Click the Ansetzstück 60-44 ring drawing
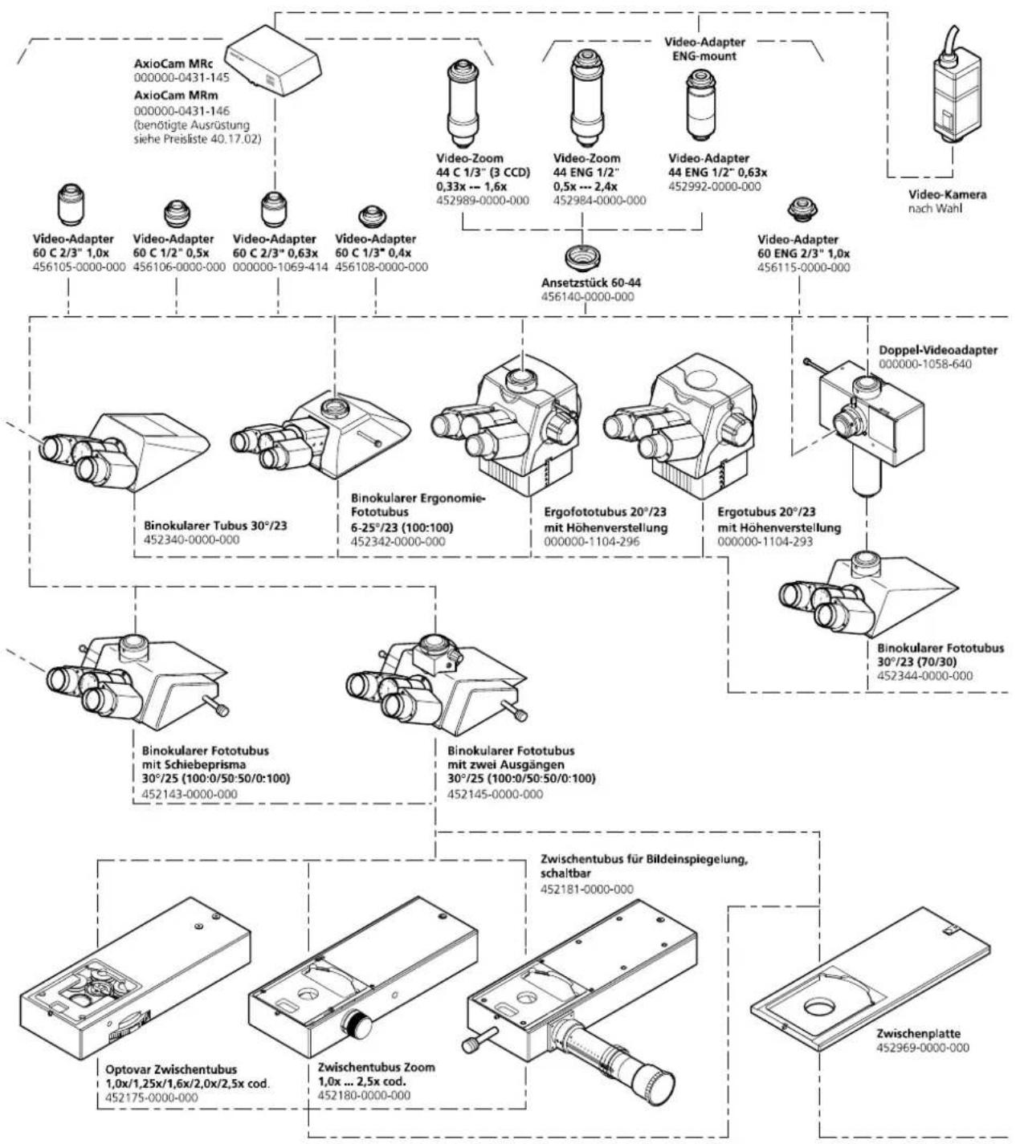click(x=581, y=258)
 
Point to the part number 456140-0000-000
click(x=588, y=296)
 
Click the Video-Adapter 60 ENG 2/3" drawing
click(x=803, y=210)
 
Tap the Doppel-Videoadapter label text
click(x=938, y=349)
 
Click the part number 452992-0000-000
click(x=715, y=186)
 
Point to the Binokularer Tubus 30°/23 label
click(x=215, y=526)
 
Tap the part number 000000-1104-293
click(x=765, y=542)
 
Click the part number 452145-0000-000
click(x=495, y=794)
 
